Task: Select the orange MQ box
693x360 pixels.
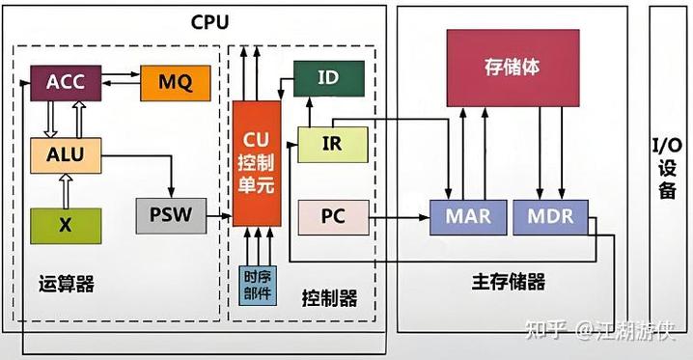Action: coord(174,83)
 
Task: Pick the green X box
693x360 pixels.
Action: coord(65,224)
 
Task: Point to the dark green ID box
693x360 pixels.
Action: coord(328,78)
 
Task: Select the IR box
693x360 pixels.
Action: coord(332,144)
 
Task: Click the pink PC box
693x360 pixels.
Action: coord(333,216)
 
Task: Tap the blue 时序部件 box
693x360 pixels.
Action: coord(257,285)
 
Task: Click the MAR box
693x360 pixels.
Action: coord(467,216)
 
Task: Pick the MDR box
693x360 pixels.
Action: coord(549,216)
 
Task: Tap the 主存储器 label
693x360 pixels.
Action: coord(508,282)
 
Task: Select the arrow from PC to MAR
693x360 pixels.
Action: coord(401,217)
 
